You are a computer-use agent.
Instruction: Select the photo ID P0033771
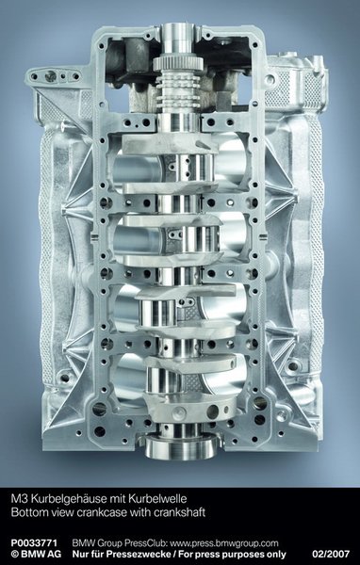pyautogui.click(x=34, y=543)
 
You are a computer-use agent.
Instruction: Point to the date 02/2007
pyautogui.click(x=331, y=554)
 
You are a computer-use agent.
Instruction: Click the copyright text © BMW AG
pyautogui.click(x=36, y=554)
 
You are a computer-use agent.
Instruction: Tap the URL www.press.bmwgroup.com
pyautogui.click(x=223, y=543)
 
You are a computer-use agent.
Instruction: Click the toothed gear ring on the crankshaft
pyautogui.click(x=178, y=64)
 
